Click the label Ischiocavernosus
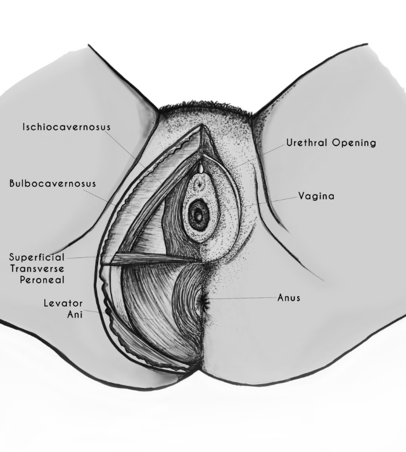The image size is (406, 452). tap(67, 127)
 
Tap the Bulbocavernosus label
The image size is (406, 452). tap(53, 184)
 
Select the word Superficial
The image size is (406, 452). tap(37, 257)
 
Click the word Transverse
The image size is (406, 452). tap(37, 269)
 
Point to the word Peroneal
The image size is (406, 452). tap(42, 280)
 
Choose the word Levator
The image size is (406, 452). tap(63, 303)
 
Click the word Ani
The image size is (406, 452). tap(75, 314)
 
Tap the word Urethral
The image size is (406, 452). tap(307, 143)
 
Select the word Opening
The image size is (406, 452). tap(354, 143)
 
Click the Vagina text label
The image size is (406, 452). tap(317, 197)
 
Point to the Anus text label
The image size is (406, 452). tap(289, 298)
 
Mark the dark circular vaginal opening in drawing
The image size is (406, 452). tap(198, 214)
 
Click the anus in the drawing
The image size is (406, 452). tap(205, 302)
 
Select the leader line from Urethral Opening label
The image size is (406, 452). tap(257, 157)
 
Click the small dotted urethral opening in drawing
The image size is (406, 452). tap(198, 184)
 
